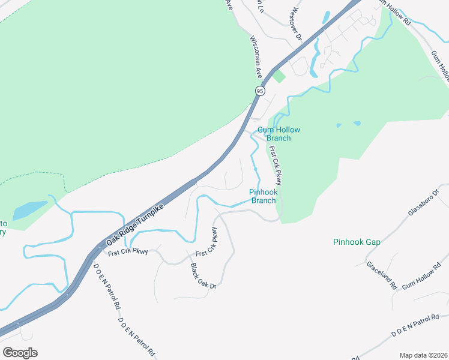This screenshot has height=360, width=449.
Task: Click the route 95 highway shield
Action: point(259,91)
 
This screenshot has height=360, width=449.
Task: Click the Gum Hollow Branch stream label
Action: point(279,134)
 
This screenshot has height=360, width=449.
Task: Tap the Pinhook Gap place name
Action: point(357,242)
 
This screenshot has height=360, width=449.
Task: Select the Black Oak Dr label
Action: point(203,276)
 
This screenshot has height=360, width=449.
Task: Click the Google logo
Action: point(20,353)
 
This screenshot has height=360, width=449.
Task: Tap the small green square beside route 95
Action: point(279,76)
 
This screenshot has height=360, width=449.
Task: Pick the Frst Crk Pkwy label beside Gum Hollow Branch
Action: point(275,166)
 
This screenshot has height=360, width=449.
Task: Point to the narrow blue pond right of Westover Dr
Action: point(326,17)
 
